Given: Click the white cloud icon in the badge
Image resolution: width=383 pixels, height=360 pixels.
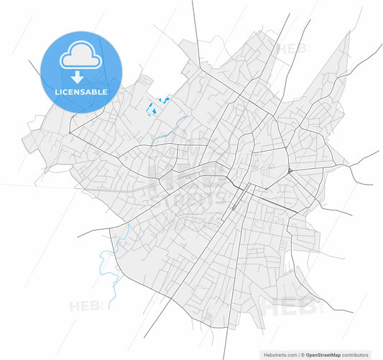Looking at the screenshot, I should (80, 54).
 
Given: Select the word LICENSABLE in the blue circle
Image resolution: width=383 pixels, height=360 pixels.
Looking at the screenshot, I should (81, 92).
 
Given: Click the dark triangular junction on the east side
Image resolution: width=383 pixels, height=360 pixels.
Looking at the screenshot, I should (288, 171).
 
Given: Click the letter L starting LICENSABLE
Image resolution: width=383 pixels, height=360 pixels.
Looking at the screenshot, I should (57, 92).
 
